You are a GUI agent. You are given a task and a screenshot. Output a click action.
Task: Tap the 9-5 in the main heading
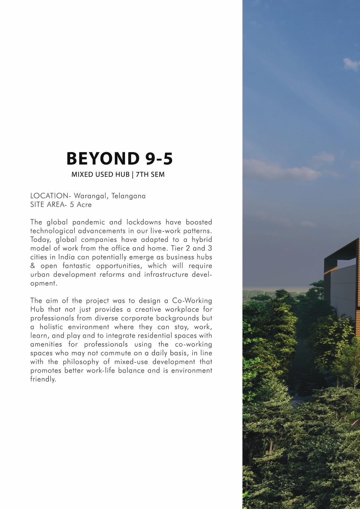coord(158,159)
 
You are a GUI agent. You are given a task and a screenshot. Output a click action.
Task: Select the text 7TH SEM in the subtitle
coord(150,175)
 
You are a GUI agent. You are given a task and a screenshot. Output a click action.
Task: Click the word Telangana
coord(130,196)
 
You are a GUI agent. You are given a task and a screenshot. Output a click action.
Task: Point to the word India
coord(67,257)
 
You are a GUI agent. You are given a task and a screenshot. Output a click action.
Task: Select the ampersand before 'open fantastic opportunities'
coord(33,266)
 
